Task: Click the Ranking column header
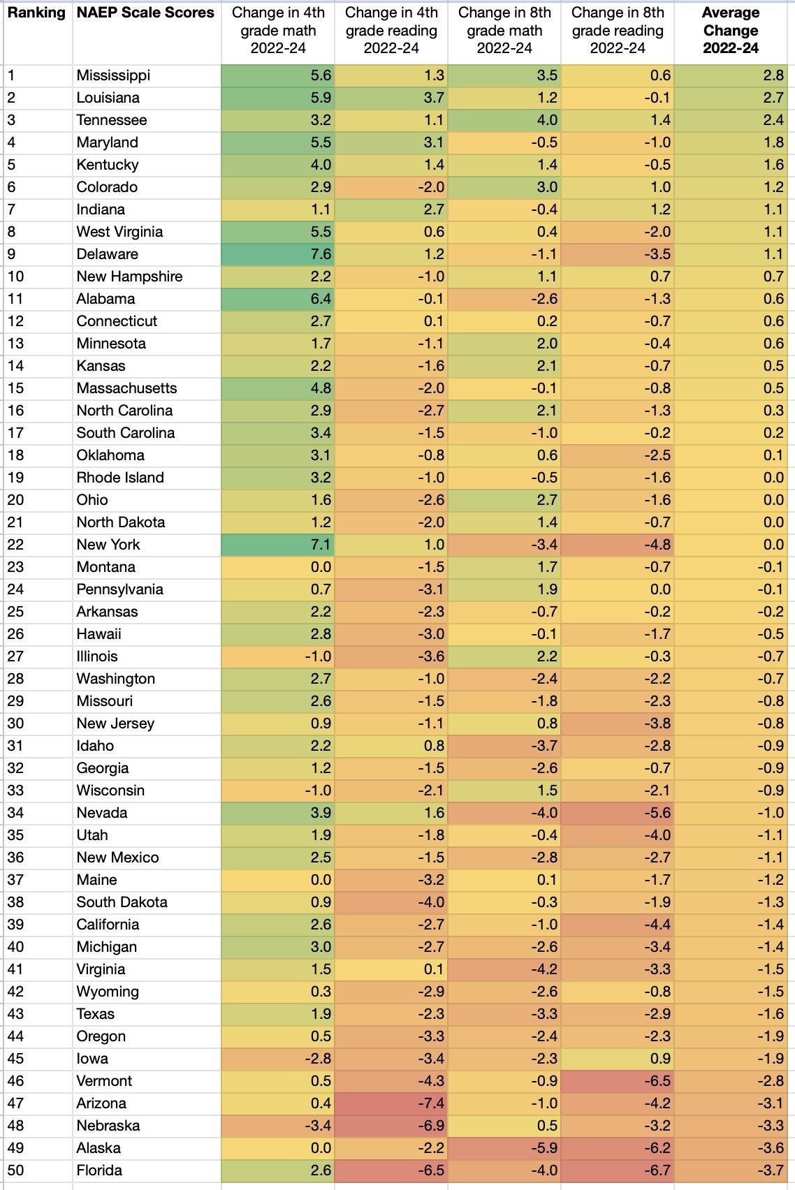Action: [x=36, y=13]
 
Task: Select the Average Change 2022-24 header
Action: [x=730, y=31]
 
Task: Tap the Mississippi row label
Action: [x=113, y=75]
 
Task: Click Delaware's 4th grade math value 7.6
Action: [x=321, y=254]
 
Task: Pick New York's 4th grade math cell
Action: [x=321, y=545]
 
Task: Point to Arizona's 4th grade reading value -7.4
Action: [x=431, y=1103]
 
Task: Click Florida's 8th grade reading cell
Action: [x=657, y=1170]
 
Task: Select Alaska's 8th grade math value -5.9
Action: [x=544, y=1148]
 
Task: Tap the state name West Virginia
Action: [x=119, y=232]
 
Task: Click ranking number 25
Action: [x=15, y=612]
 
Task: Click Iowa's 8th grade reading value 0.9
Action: [x=659, y=1059]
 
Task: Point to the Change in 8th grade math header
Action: [x=504, y=31]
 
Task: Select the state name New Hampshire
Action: [x=129, y=277]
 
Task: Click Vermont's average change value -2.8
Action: [x=771, y=1081]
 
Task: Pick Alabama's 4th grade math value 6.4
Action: [x=321, y=299]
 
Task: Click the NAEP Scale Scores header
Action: [x=145, y=13]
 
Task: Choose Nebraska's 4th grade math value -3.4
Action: [x=318, y=1126]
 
